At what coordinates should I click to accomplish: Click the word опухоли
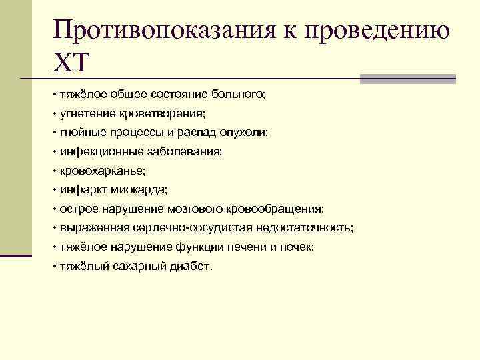coord(245,133)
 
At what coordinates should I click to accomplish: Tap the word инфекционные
coord(98,152)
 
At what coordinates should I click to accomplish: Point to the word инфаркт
coord(79,190)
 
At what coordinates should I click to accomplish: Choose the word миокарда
coord(134,190)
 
